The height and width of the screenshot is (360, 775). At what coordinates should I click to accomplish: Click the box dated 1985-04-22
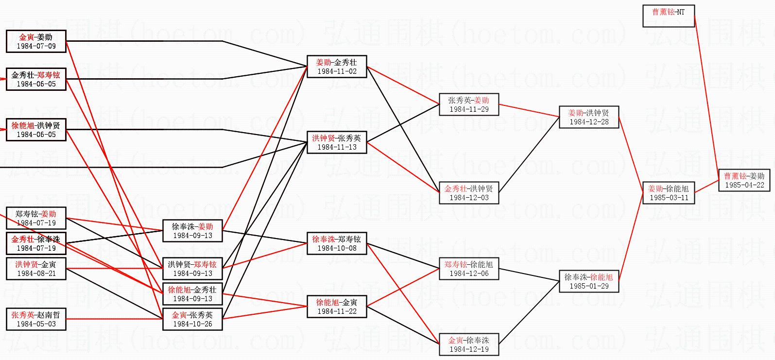pyautogui.click(x=744, y=180)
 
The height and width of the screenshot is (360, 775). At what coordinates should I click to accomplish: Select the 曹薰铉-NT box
pyautogui.click(x=668, y=16)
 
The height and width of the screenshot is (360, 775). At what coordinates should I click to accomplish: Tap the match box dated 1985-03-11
pyautogui.click(x=668, y=193)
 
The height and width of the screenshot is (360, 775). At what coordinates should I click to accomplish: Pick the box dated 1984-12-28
pyautogui.click(x=588, y=117)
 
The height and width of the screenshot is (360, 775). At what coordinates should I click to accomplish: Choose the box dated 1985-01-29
pyautogui.click(x=588, y=281)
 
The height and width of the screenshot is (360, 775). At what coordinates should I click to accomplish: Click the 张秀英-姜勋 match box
pyautogui.click(x=468, y=104)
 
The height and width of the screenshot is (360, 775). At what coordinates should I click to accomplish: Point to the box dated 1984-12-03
pyautogui.click(x=468, y=193)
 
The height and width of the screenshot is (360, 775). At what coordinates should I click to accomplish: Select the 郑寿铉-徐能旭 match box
pyautogui.click(x=468, y=269)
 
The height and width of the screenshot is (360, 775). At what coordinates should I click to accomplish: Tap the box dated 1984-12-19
pyautogui.click(x=468, y=344)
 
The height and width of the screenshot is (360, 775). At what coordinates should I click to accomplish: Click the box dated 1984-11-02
pyautogui.click(x=337, y=67)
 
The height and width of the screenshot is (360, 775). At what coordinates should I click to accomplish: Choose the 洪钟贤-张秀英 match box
pyautogui.click(x=337, y=142)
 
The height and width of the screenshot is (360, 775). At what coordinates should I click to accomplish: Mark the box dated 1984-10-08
pyautogui.click(x=337, y=243)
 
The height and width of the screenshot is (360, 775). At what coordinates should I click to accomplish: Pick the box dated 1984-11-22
pyautogui.click(x=337, y=307)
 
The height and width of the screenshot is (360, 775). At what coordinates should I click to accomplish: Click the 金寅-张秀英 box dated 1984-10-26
pyautogui.click(x=192, y=319)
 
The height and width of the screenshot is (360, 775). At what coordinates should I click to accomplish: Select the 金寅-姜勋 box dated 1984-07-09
pyautogui.click(x=36, y=41)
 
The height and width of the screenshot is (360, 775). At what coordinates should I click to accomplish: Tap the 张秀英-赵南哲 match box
pyautogui.click(x=36, y=319)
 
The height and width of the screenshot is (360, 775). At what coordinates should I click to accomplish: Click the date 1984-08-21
pyautogui.click(x=36, y=274)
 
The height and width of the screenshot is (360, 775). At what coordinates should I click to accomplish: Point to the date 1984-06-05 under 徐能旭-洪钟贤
pyautogui.click(x=36, y=135)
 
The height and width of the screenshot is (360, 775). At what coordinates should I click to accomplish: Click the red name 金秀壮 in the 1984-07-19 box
pyautogui.click(x=23, y=239)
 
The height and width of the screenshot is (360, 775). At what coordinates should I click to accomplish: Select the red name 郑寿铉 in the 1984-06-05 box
pyautogui.click(x=49, y=75)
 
